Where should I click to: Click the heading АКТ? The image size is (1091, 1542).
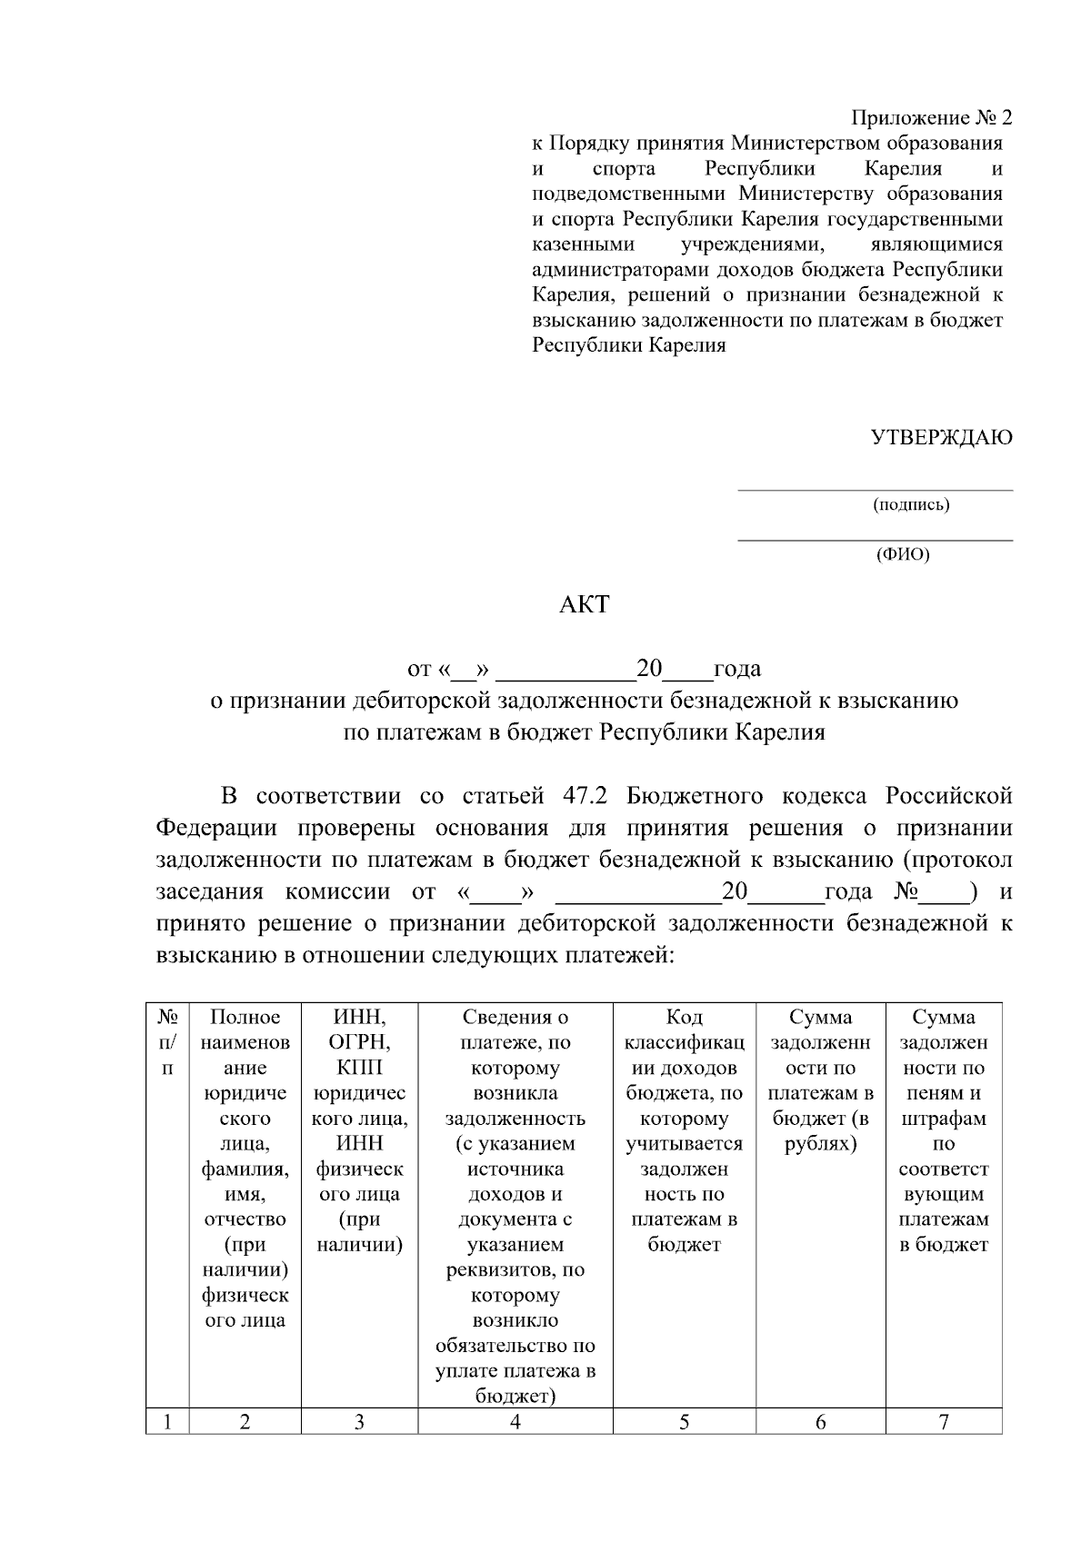pyautogui.click(x=584, y=604)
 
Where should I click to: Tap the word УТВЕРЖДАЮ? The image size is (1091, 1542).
pyautogui.click(x=942, y=438)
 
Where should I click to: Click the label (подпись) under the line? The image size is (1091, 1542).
pyautogui.click(x=911, y=505)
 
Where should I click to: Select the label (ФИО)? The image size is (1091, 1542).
pyautogui.click(x=903, y=554)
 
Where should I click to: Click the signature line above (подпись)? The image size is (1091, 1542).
pyautogui.click(x=875, y=490)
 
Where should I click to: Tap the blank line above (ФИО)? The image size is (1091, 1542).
pyautogui.click(x=875, y=540)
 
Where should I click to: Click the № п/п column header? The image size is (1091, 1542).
pyautogui.click(x=167, y=1042)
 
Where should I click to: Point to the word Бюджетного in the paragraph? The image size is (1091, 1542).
pyautogui.click(x=695, y=797)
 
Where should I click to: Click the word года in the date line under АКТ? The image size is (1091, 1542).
pyautogui.click(x=737, y=670)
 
